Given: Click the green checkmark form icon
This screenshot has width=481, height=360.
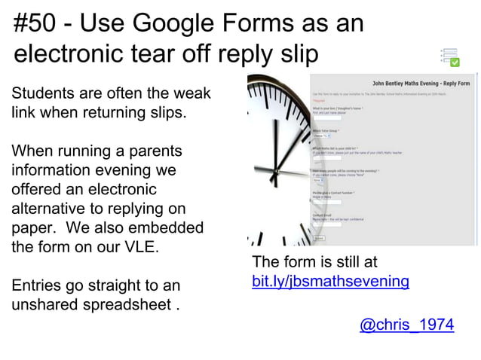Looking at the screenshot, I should click(450, 57).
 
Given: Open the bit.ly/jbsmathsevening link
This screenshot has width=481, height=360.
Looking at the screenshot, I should click(330, 282).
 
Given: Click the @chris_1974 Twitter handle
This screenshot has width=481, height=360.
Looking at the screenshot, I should click(406, 325).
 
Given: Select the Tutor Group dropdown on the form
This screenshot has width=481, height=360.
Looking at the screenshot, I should click(320, 136).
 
